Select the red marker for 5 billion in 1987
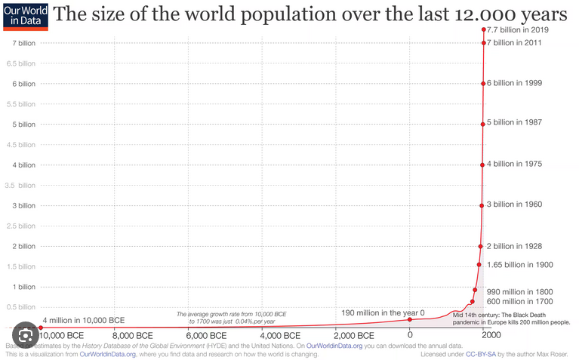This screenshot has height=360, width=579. point(482,124)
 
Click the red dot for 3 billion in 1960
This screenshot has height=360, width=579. point(482,205)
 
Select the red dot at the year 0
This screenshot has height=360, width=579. point(410,319)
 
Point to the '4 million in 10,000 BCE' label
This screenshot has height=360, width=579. point(83,319)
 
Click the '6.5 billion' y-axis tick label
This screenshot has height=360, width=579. point(20,63)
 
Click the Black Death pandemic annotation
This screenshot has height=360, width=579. point(511,318)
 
